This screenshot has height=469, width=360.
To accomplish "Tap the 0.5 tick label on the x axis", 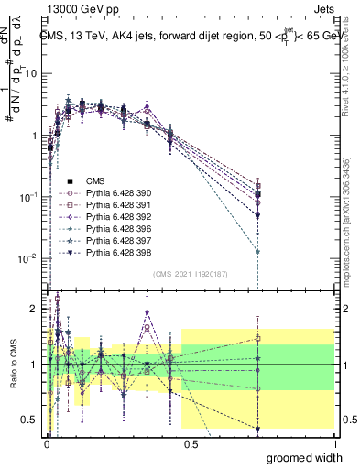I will pyautogui.click(x=190, y=442).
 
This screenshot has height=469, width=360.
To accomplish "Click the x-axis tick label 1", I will pyautogui.click(x=335, y=442).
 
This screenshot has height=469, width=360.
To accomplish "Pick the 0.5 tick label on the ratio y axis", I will pyautogui.click(x=29, y=420).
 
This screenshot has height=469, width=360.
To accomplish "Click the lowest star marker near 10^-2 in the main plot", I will pyautogui.click(x=258, y=251).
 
